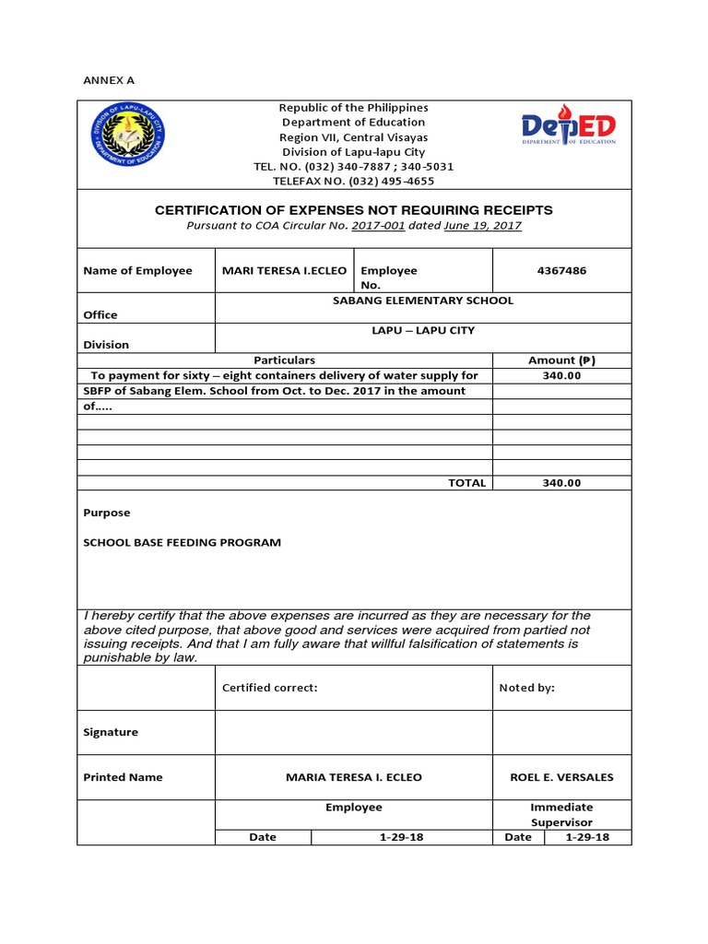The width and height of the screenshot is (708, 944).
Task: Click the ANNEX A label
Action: point(109,80)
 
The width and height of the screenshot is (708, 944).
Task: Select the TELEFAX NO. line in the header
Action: point(354,181)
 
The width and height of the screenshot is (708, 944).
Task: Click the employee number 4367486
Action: point(561,270)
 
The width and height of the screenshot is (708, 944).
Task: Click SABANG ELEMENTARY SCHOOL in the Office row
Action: point(422,301)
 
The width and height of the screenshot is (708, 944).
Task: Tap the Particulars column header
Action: point(284,360)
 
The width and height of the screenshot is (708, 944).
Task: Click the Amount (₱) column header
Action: point(562,360)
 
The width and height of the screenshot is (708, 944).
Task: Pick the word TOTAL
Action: point(466,483)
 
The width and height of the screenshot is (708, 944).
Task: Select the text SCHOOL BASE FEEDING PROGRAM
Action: point(182,543)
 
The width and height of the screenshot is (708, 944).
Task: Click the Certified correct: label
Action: point(270,688)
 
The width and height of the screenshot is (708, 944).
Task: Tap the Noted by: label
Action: point(526,688)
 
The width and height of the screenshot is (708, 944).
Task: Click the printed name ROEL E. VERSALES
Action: point(561,777)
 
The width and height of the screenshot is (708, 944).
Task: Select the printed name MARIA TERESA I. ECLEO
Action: point(354,777)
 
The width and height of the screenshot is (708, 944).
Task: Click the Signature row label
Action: point(111,732)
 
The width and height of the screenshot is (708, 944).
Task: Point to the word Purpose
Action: point(107,513)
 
